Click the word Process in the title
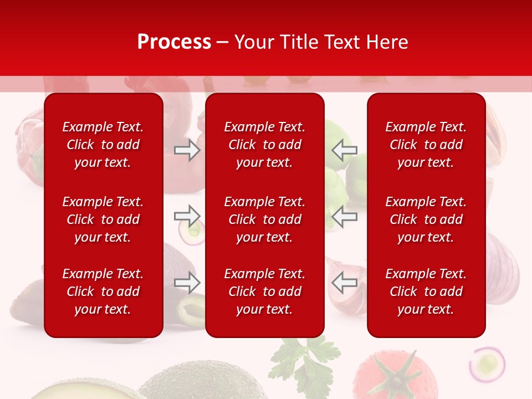point(174,42)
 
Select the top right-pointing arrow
point(187,150)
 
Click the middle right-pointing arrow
point(187,216)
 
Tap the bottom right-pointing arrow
point(187,283)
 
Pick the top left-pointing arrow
point(344,150)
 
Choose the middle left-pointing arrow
point(344,216)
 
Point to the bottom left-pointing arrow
point(344,283)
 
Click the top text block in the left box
point(103,145)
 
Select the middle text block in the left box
point(103,219)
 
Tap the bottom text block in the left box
point(103,291)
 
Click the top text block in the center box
point(264,145)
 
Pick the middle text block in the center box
point(264,219)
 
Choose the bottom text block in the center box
point(264,291)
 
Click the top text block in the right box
point(426,145)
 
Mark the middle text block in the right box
point(426,219)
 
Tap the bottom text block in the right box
point(426,291)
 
